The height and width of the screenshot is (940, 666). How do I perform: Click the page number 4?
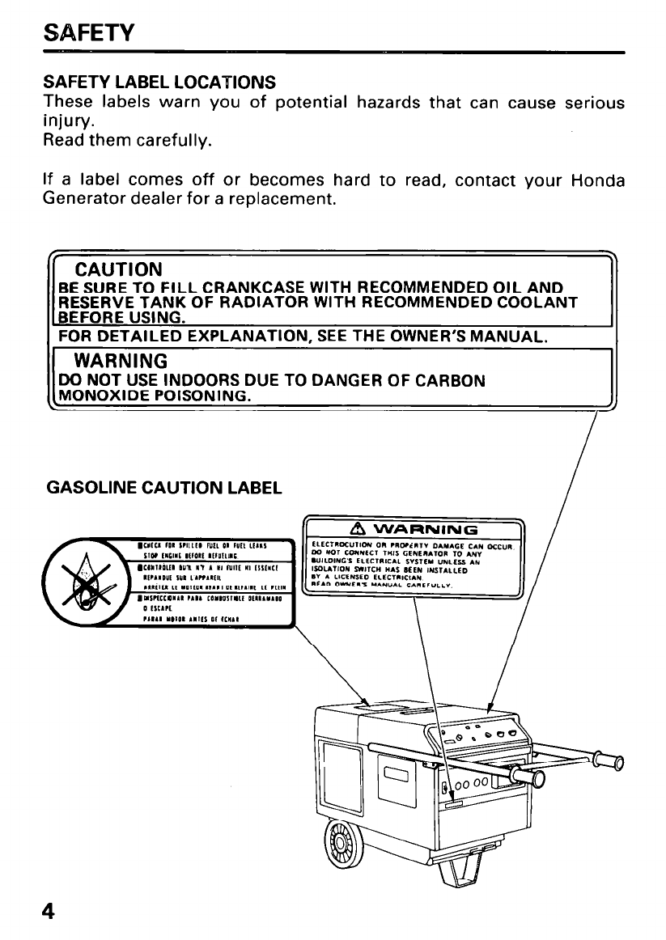click(50, 912)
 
